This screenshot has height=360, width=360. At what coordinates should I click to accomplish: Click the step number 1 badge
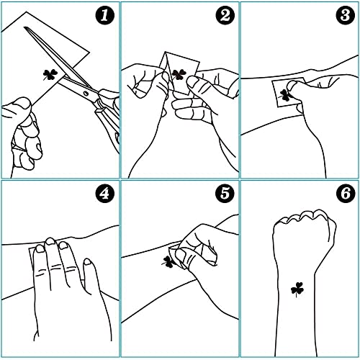pos(105,16)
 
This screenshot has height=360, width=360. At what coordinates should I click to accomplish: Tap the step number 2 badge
pos(225,16)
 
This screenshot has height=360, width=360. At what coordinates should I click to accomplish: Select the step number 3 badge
pos(346,15)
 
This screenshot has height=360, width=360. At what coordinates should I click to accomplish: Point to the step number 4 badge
pos(104,194)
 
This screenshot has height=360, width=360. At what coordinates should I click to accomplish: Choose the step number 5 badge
pos(225,194)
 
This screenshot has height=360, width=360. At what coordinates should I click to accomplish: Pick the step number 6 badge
pos(346,194)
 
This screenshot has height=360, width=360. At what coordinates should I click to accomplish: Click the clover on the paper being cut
pos(50,75)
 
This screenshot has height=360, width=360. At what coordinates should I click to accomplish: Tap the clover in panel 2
pos(179,74)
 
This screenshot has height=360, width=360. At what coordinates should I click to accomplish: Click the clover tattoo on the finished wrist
pos(297,289)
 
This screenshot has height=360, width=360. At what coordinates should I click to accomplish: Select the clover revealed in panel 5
pos(168,261)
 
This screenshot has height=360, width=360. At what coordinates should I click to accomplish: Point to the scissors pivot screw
pos(86,93)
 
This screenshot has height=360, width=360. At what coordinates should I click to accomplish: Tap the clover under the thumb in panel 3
pos(284,95)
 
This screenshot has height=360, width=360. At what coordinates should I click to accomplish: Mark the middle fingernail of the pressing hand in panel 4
pos(50,241)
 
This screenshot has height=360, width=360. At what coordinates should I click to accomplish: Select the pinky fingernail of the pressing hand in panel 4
pos(87,261)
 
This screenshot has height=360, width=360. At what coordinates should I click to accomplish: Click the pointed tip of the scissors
pos(24,27)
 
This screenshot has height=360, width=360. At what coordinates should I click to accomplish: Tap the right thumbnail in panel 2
pos(192,81)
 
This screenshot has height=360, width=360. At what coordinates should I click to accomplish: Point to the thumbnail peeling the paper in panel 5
pos(181,255)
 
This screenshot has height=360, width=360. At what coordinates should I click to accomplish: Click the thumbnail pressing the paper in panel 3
pos(292,85)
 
